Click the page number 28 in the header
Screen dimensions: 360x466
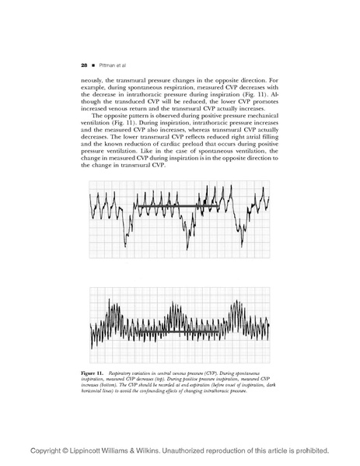pos(83,65)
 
